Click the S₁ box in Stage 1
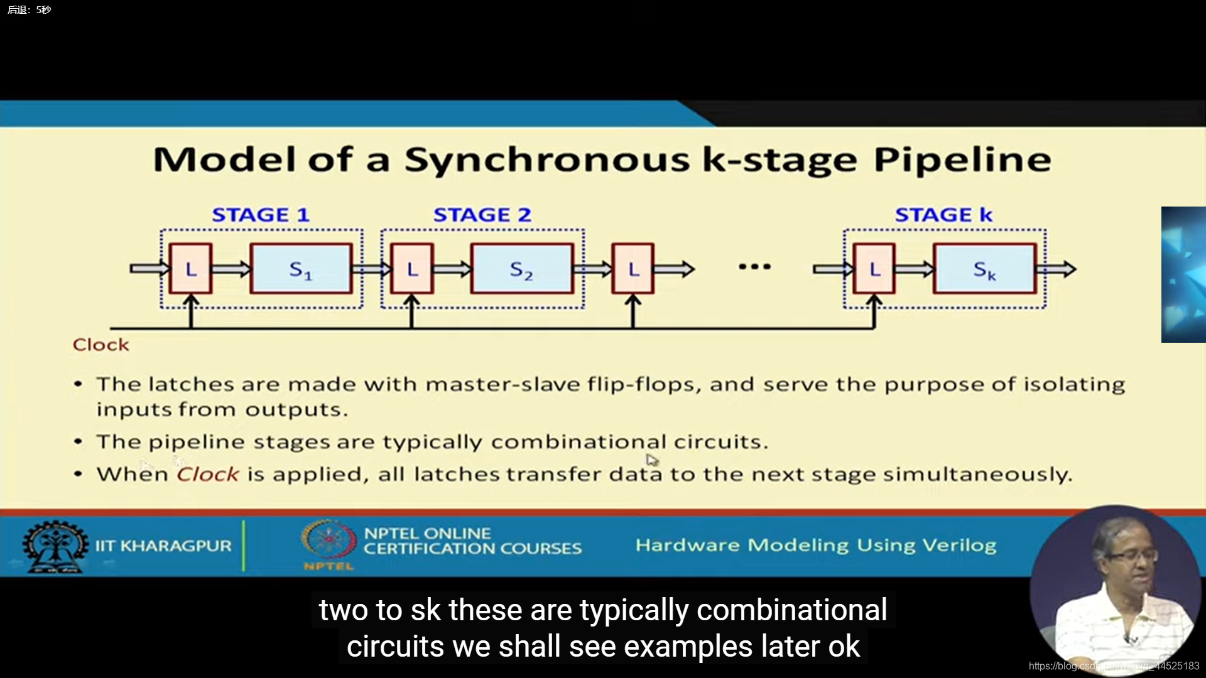(x=301, y=269)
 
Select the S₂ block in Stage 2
(x=521, y=269)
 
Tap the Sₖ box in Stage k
(x=984, y=269)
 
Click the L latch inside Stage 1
(x=191, y=269)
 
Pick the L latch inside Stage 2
(x=412, y=269)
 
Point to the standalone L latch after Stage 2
(x=633, y=269)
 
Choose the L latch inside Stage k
(x=874, y=269)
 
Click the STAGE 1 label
(x=261, y=215)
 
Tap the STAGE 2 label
(x=482, y=215)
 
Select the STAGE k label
(x=943, y=215)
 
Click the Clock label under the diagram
(x=100, y=345)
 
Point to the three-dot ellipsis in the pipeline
(x=754, y=267)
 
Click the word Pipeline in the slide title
(x=962, y=160)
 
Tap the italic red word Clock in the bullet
(x=207, y=474)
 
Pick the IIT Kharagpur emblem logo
(x=55, y=546)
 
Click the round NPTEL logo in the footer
(x=328, y=540)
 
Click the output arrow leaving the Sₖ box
(x=1058, y=269)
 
